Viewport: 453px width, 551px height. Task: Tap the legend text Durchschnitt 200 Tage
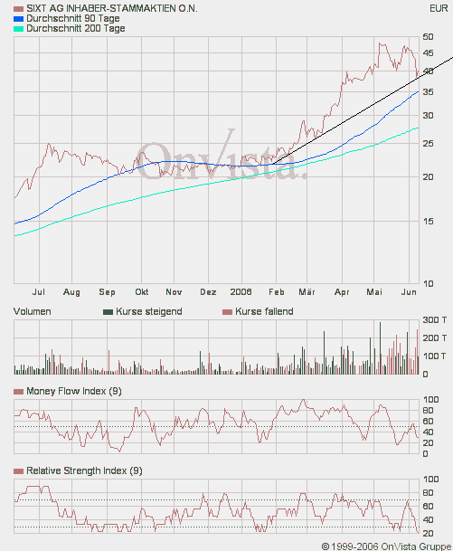click(76, 29)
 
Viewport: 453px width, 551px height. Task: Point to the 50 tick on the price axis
click(429, 37)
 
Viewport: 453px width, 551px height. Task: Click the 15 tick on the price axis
click(429, 220)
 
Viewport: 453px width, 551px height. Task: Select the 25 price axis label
click(429, 143)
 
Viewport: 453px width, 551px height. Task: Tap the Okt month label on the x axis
click(141, 292)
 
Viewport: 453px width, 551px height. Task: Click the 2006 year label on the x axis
click(241, 292)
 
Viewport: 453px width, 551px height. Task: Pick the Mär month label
click(307, 292)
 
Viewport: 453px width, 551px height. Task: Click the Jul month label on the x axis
click(39, 292)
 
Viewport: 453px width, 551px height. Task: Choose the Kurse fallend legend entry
click(263, 311)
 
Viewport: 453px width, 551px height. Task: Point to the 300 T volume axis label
click(434, 320)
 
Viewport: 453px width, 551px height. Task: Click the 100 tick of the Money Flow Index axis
click(431, 399)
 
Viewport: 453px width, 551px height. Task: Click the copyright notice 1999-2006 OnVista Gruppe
click(386, 545)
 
